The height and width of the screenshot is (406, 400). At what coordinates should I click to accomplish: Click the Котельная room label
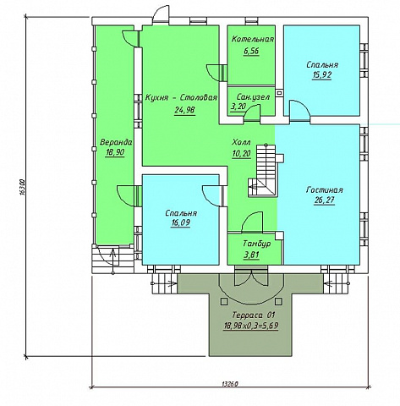point(253,39)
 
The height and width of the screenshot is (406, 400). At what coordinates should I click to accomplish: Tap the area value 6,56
point(251,52)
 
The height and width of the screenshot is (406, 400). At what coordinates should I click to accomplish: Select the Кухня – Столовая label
point(181,98)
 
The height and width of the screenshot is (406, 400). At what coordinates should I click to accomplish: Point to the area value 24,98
point(184,110)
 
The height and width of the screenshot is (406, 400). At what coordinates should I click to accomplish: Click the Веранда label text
point(116,142)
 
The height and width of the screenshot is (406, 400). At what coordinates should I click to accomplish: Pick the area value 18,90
point(115,152)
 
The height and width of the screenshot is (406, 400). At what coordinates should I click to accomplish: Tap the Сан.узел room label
point(253,97)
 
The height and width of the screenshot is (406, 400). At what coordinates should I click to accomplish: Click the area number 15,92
point(321,75)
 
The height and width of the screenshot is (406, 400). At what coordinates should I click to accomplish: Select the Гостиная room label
point(324,190)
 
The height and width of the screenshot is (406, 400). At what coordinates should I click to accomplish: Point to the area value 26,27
point(324,200)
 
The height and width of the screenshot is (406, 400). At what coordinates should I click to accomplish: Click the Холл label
point(241,142)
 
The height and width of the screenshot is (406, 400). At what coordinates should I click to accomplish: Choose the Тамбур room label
point(257,244)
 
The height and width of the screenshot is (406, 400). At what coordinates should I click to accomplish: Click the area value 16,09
point(180,223)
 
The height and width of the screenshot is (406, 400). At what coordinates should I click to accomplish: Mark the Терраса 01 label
point(254,315)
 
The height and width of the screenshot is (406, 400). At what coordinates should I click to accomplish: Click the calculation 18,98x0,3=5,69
point(251,326)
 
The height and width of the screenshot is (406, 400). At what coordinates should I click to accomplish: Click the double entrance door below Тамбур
point(249,277)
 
